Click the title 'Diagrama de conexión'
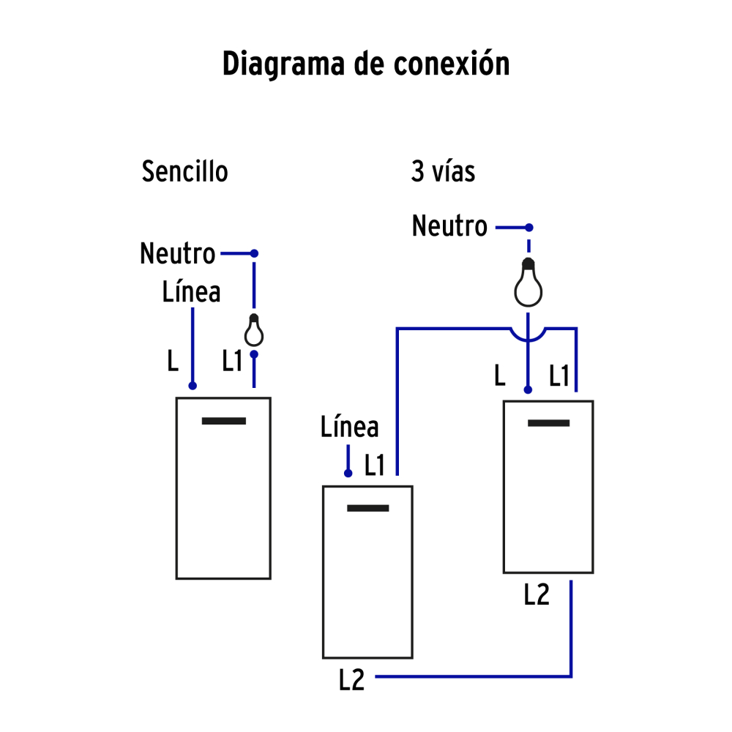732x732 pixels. [x=366, y=64]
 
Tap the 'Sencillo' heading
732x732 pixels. [x=185, y=172]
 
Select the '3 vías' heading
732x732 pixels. [x=443, y=172]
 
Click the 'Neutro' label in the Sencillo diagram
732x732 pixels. [x=178, y=254]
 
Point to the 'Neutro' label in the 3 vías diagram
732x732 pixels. [x=449, y=226]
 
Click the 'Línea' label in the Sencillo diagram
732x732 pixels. [x=191, y=292]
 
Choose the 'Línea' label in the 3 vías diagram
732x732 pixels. [x=349, y=427]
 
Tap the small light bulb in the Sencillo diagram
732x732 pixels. [x=253, y=331]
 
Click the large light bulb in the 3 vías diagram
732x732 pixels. [x=529, y=285]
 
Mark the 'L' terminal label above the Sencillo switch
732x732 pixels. [x=173, y=361]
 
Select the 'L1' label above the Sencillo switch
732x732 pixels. [x=232, y=361]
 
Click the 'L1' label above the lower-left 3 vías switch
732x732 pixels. [x=374, y=466]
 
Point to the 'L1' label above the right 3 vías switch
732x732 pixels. [x=559, y=376]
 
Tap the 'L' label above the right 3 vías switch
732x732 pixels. [x=499, y=376]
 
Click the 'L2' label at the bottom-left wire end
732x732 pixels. [x=351, y=680]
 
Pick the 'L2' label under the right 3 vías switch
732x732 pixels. [x=537, y=595]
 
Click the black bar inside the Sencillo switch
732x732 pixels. [x=224, y=421]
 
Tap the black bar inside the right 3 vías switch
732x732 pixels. [x=548, y=423]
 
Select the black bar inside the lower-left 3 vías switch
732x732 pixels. [x=367, y=508]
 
